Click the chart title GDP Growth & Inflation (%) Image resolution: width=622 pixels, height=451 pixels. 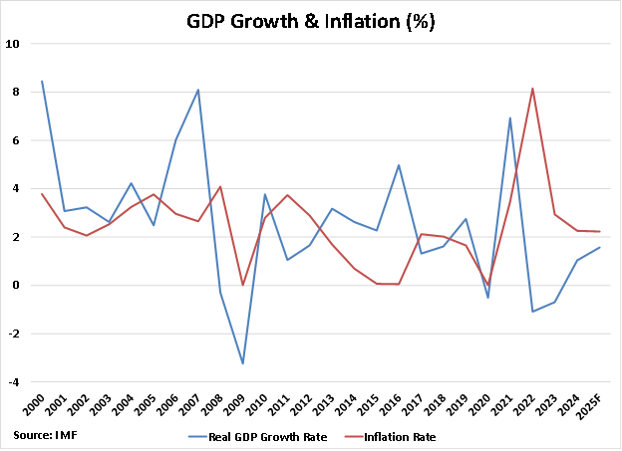click(x=310, y=20)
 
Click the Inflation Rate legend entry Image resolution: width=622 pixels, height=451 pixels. click(x=399, y=436)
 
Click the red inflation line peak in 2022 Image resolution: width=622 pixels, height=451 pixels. click(x=532, y=89)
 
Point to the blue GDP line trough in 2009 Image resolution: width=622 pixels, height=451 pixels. click(x=242, y=363)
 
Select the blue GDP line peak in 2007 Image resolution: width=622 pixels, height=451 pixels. click(x=197, y=90)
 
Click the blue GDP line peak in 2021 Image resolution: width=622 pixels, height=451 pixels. click(x=510, y=118)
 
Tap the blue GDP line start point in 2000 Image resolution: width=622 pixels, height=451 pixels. click(x=41, y=82)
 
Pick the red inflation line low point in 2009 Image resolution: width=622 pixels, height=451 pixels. click(x=242, y=285)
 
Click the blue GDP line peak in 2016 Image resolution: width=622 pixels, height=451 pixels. click(x=399, y=165)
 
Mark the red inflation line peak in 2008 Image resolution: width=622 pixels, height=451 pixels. click(x=219, y=187)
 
